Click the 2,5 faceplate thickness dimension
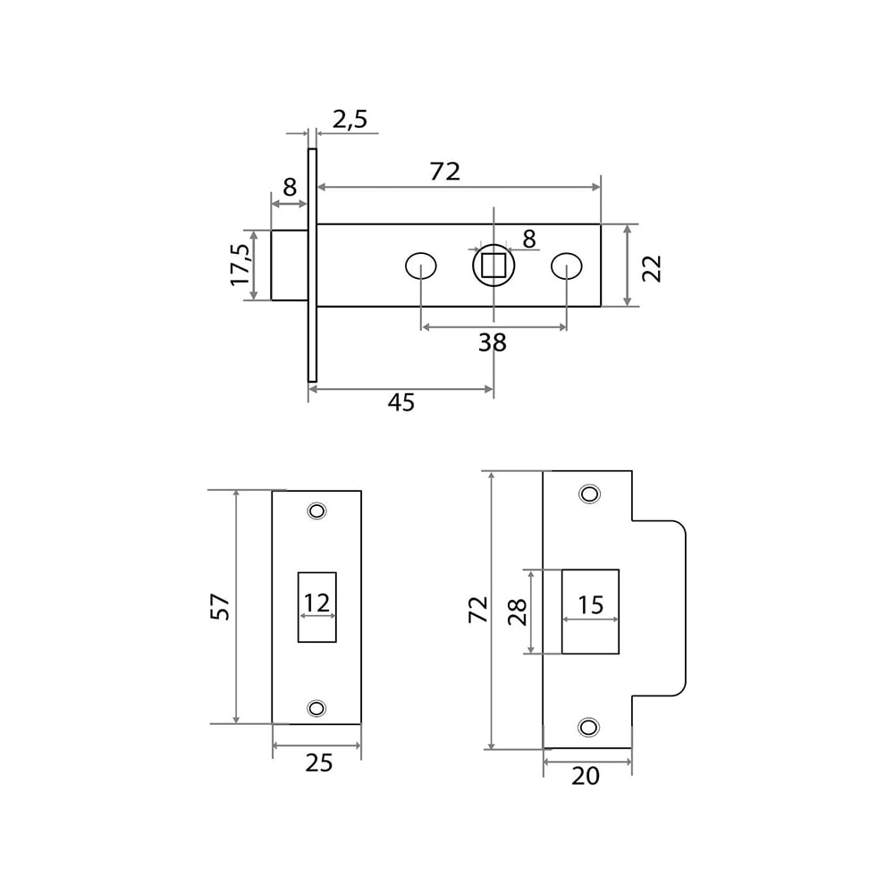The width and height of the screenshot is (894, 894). pos(350,119)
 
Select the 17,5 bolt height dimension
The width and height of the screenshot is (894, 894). pos(240,265)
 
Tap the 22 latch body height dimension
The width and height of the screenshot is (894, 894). pos(653,267)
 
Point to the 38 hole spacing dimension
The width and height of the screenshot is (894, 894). pos(492,342)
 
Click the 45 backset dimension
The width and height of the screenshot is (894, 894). pos(401,403)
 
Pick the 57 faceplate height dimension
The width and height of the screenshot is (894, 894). pos(221,607)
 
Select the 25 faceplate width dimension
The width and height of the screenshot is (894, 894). pos(318,763)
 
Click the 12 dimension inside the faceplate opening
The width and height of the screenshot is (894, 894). pos(316,603)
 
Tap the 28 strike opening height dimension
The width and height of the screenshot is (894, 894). pos(518,611)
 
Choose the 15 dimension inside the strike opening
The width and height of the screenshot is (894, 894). pos(590,605)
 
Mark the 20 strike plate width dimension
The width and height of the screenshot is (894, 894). pos(586,776)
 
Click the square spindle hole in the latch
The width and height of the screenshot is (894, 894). pos(493,266)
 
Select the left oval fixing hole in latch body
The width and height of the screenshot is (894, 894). pos(420,266)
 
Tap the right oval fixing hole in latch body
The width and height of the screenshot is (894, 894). pos(566,266)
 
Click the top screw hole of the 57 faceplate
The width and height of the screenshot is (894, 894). pos(316,510)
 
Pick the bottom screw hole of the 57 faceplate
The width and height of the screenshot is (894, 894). pos(316,708)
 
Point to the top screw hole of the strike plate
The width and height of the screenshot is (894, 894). pos(589,493)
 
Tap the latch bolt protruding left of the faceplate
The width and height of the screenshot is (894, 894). pos(289,265)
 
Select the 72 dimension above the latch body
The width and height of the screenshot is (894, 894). pos(444,171)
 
